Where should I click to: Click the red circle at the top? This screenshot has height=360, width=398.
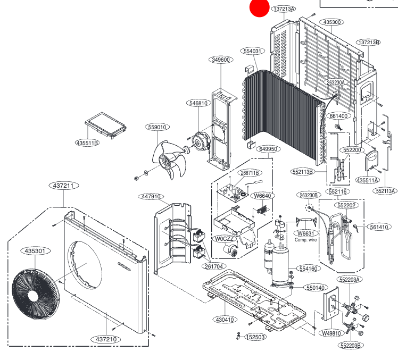(x=261, y=7)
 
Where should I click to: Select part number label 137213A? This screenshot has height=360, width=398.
(x=298, y=9)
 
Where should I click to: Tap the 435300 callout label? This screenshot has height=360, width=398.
(x=333, y=22)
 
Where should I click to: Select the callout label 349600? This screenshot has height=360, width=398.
(x=220, y=60)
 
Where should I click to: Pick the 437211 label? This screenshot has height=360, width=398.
(x=64, y=186)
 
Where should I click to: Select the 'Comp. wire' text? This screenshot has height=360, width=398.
(x=305, y=240)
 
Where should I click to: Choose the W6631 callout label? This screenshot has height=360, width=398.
(x=305, y=233)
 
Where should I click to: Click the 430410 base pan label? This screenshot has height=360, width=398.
(x=224, y=320)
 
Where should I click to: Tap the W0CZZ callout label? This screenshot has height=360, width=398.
(x=224, y=239)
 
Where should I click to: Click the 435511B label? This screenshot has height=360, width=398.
(x=87, y=143)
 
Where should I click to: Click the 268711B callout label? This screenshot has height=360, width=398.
(x=250, y=173)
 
